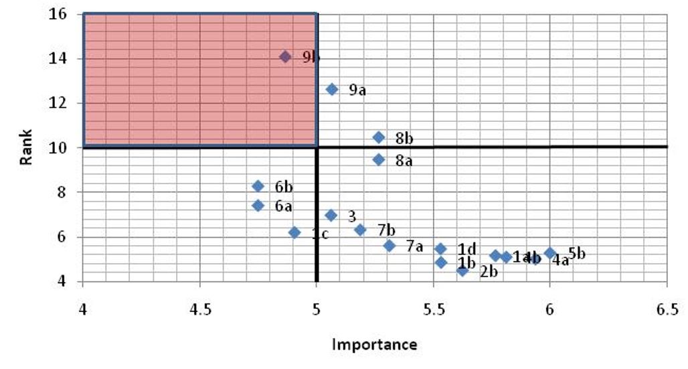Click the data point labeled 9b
point(285,57)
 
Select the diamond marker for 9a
point(332,89)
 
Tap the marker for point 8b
point(379,137)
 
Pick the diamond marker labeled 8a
point(379,159)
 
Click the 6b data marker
point(258,186)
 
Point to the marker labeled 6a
point(258,206)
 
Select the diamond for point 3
point(331,215)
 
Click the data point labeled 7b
point(360,230)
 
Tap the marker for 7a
point(390,246)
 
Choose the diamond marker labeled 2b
point(462,271)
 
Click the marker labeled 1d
point(440,248)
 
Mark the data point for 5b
point(550,253)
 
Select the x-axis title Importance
point(375,345)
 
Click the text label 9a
point(357,90)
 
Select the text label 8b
point(404,139)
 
